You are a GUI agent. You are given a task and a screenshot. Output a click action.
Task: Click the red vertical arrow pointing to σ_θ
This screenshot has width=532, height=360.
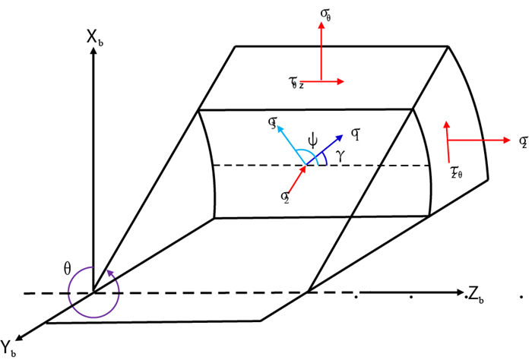pos(322,49)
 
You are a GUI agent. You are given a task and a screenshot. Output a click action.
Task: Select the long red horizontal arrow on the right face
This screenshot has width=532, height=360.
pos(479,140)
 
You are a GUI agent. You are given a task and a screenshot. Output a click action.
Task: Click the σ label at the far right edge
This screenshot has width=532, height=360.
pos(523,141)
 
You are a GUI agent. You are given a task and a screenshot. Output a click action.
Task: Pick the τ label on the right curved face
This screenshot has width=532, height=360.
pos(456,174)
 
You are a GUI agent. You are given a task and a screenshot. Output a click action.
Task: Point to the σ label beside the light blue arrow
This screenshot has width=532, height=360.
pos(272,120)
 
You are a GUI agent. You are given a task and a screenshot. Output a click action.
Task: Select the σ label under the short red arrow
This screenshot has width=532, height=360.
pos(283,196)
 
